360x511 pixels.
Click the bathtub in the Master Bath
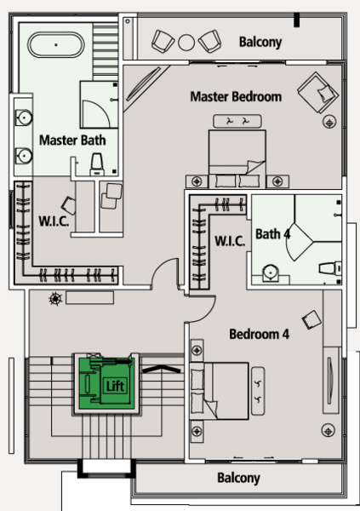click(x=56, y=44)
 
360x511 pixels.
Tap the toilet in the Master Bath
click(x=97, y=164)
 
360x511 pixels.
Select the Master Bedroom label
click(x=236, y=97)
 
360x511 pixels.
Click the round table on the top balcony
click(x=186, y=42)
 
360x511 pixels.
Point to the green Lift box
click(x=107, y=383)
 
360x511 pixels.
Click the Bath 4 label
click(x=272, y=233)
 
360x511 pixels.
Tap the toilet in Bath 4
click(x=330, y=269)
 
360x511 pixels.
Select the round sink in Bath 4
click(x=271, y=272)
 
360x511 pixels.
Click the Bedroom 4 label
click(x=259, y=334)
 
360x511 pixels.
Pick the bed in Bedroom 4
click(x=220, y=390)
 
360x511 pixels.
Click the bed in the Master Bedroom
click(x=237, y=158)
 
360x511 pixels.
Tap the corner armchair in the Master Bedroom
click(x=317, y=92)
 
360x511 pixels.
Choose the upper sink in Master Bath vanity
click(x=24, y=118)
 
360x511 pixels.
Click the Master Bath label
click(x=72, y=141)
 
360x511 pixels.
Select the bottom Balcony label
click(x=238, y=478)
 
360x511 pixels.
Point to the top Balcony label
click(x=260, y=42)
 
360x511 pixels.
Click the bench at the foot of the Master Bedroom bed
click(x=237, y=121)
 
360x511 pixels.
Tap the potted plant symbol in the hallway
click(x=55, y=299)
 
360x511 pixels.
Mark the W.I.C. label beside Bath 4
click(x=230, y=241)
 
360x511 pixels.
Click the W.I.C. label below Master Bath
click(x=54, y=221)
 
